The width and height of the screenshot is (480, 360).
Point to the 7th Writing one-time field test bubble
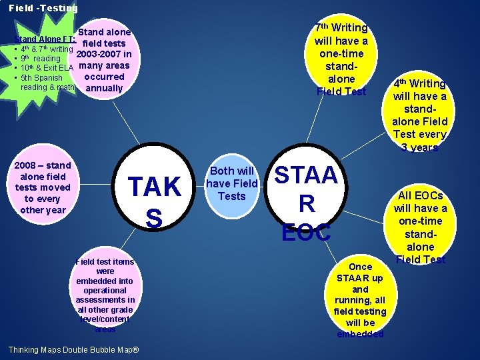tap(341, 59)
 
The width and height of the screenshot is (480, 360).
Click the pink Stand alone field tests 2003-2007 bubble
tap(104, 60)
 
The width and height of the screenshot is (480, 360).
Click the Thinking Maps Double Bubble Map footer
tap(73, 350)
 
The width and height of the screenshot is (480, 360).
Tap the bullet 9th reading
tap(41, 59)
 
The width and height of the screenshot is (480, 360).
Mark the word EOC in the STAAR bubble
tap(306, 233)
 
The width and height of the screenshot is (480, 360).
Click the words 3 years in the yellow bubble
tap(419, 148)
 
